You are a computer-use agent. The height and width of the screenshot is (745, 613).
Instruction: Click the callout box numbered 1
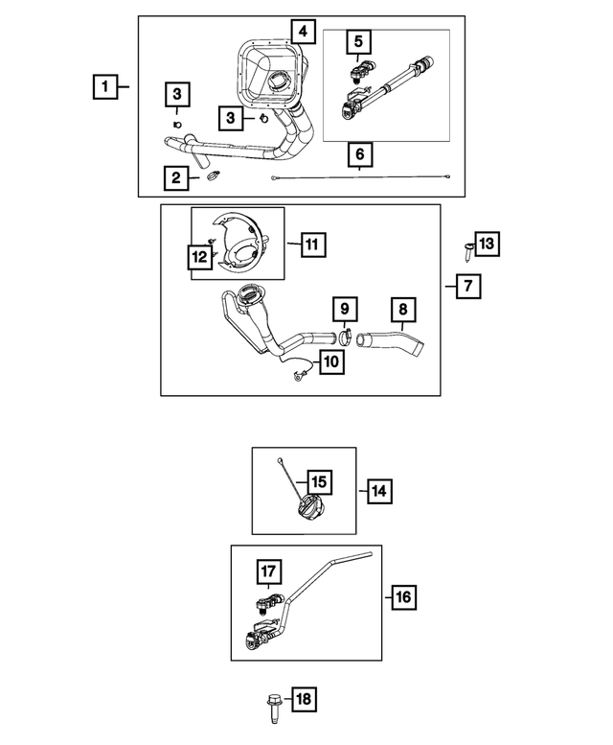tap(106, 87)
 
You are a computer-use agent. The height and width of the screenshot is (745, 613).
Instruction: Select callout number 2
tap(175, 176)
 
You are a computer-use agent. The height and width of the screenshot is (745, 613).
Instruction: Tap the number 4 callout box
tap(303, 32)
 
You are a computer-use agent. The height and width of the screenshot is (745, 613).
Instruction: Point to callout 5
tap(358, 41)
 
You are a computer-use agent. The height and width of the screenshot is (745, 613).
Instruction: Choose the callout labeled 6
tap(360, 153)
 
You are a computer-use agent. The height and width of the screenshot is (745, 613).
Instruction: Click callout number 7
tap(467, 286)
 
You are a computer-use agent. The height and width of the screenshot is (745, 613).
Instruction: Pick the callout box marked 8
tap(403, 310)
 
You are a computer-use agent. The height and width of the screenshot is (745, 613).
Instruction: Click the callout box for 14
tap(377, 491)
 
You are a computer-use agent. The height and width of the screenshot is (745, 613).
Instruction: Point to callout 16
tap(402, 597)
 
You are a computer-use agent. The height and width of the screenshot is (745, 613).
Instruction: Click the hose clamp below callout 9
tap(346, 337)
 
